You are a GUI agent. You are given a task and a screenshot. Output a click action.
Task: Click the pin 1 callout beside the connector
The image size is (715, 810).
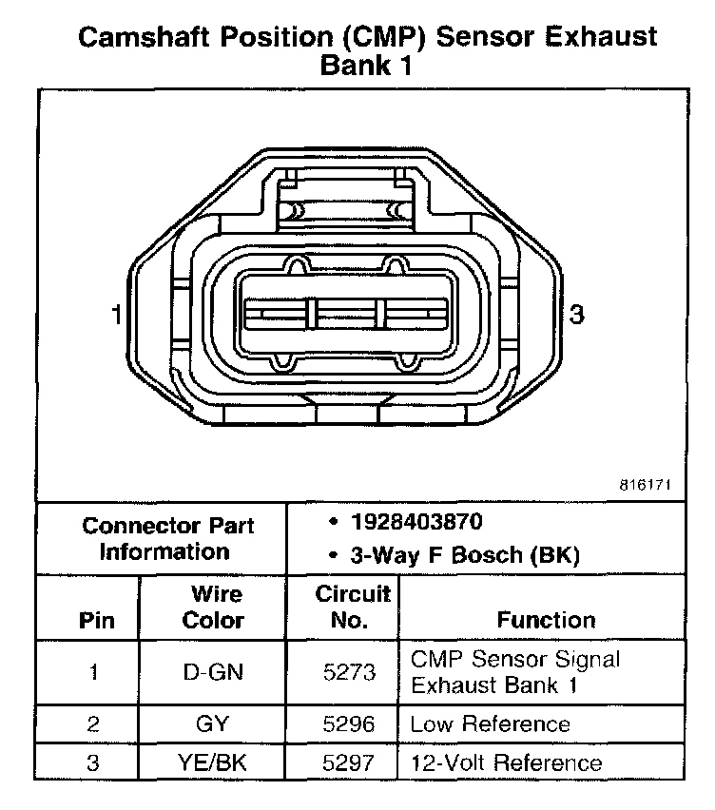point(116,315)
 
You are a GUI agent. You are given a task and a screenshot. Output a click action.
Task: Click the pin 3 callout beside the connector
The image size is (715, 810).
point(575,315)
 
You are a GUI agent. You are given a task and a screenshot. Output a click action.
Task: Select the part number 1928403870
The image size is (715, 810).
point(415,522)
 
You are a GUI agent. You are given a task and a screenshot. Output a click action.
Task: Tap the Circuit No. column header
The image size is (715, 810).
point(352,607)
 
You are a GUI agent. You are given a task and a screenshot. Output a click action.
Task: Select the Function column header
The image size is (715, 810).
point(546,620)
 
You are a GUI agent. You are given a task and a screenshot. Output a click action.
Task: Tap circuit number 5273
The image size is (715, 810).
point(349,672)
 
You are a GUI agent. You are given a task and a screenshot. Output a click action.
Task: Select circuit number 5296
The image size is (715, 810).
point(349,724)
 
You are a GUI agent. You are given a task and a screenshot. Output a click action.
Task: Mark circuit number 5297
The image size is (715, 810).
point(349,762)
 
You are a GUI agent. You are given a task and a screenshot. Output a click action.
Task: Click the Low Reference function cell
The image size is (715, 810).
point(490,724)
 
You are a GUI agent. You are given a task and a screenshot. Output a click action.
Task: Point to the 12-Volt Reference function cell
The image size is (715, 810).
point(506,762)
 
